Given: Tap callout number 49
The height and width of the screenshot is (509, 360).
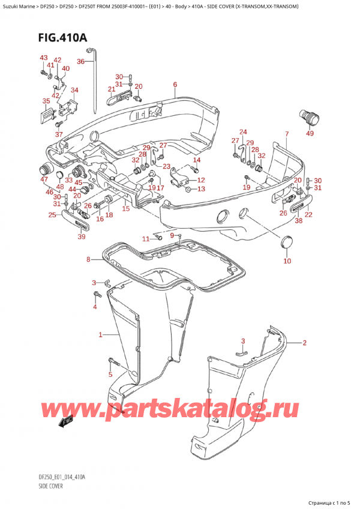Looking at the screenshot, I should pos(310,133).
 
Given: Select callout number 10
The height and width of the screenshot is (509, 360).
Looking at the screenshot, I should pos(287,261).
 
